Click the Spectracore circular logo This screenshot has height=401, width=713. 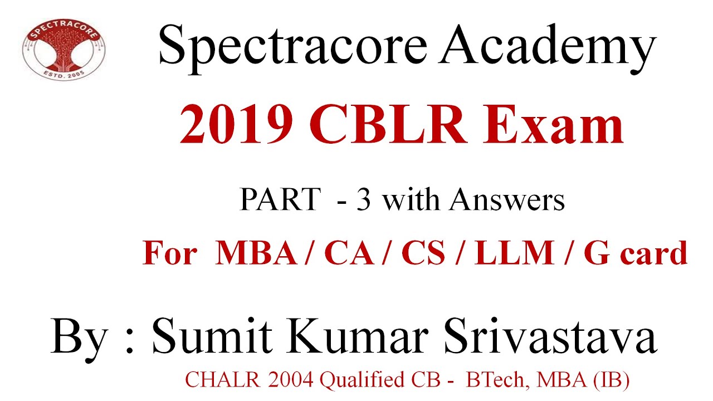[x=64, y=51]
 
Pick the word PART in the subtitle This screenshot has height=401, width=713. [x=280, y=199]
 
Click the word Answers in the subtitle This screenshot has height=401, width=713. [x=507, y=199]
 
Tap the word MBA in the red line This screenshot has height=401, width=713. [x=257, y=253]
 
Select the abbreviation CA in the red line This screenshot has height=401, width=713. [x=349, y=253]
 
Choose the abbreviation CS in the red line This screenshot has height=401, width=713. [x=423, y=253]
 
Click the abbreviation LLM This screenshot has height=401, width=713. [x=512, y=253]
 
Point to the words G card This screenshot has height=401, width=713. [x=635, y=253]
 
